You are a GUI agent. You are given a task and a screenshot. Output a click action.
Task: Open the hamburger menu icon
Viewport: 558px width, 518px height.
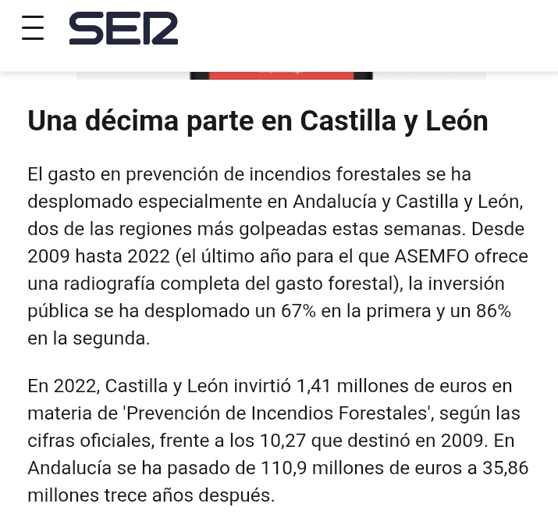point(33,28)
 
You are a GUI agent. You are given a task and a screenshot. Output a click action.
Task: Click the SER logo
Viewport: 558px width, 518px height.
point(123,29)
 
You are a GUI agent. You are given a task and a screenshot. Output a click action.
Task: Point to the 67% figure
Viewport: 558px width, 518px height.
point(298,311)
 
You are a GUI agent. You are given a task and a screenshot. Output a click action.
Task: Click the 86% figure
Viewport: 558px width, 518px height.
point(493,311)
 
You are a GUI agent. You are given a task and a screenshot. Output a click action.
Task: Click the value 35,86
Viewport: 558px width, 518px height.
point(500,467)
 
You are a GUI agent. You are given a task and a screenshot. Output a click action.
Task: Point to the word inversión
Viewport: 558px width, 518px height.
point(466,283)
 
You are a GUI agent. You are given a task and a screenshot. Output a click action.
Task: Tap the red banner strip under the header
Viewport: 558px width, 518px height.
point(281,75)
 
